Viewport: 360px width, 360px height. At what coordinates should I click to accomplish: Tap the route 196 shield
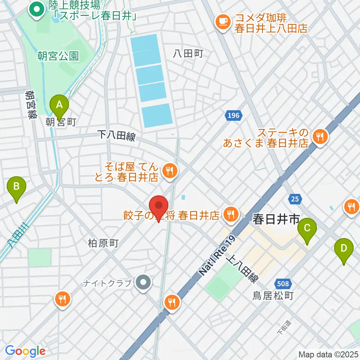(x=233, y=115)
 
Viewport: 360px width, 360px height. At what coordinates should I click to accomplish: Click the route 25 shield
(x=295, y=199)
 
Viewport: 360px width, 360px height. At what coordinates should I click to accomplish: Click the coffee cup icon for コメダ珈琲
(x=223, y=21)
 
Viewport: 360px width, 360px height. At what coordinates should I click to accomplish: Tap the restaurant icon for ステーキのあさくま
(x=320, y=137)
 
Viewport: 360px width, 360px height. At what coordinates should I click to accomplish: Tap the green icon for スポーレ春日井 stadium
(x=37, y=10)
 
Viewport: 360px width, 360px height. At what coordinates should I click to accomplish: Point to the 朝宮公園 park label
(x=58, y=56)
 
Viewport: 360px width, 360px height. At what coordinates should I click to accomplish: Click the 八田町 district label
(x=188, y=54)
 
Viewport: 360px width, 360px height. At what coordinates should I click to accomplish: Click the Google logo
(x=25, y=351)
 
